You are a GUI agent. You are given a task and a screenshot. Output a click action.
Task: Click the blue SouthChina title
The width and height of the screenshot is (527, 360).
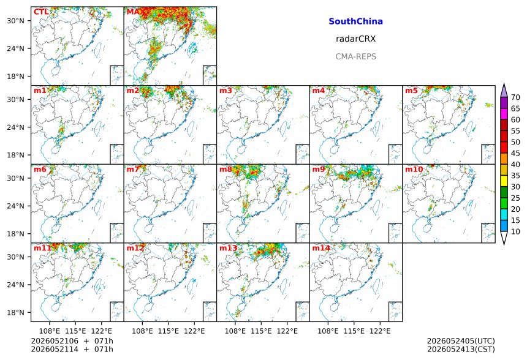355,21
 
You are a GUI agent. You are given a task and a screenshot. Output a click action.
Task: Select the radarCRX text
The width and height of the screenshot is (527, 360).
355,39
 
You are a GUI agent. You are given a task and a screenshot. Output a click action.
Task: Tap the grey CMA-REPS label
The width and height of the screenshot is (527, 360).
355,56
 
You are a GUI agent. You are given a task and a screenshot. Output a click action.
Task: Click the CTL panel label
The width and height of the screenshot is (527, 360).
41,12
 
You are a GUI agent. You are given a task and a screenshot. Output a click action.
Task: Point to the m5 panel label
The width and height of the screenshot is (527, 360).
411,91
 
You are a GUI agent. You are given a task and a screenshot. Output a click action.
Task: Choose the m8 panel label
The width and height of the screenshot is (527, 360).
226,169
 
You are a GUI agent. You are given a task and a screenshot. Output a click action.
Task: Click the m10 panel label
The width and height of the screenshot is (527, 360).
414,169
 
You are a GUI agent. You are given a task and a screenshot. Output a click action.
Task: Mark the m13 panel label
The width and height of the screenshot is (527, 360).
228,248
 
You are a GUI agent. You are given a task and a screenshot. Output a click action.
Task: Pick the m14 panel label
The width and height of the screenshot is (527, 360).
321,248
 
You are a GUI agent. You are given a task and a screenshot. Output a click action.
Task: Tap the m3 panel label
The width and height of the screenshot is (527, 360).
226,91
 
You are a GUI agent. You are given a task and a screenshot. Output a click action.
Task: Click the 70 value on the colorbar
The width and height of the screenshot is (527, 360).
515,97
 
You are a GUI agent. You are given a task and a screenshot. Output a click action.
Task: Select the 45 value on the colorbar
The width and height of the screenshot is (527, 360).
515,153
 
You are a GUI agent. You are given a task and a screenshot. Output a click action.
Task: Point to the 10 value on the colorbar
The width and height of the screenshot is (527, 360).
515,231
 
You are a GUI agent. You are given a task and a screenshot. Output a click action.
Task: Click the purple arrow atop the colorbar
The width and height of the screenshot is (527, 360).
504,91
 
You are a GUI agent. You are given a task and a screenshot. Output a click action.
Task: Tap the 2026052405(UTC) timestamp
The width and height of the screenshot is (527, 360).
461,341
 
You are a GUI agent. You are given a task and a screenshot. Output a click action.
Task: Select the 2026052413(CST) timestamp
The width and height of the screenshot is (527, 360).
461,349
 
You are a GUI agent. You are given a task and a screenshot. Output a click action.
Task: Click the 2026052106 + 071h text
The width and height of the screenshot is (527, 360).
72,341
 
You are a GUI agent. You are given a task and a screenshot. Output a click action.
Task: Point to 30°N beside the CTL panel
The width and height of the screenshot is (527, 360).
16,21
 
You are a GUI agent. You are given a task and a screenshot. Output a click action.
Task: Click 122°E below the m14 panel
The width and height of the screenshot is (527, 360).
380,331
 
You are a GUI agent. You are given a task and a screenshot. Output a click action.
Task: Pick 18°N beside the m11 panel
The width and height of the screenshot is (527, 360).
16,313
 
